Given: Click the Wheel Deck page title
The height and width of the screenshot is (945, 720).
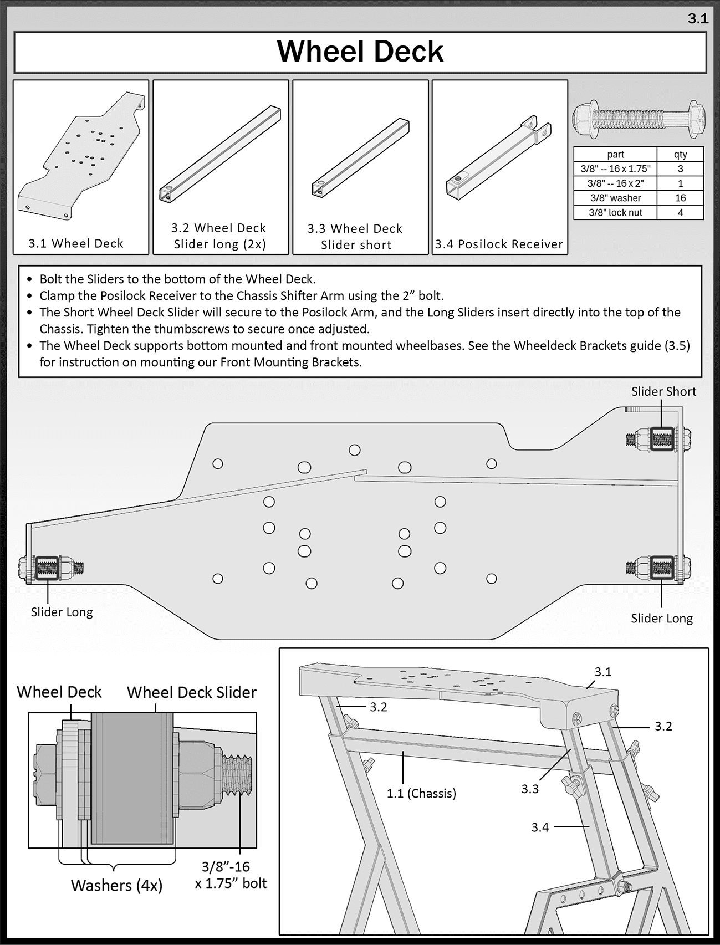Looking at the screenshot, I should pos(360,52).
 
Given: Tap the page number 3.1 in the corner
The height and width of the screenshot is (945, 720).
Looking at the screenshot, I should pos(697,19).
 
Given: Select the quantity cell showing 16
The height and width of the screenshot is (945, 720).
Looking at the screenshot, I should pos(680,198).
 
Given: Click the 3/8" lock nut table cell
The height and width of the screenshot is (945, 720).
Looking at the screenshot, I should pos(615,212).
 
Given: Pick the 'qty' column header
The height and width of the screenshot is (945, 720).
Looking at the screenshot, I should pos(680,155).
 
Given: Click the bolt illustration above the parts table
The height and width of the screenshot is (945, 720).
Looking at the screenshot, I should pos(639,117).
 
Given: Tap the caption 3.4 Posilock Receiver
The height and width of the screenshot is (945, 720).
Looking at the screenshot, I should pos(499,244).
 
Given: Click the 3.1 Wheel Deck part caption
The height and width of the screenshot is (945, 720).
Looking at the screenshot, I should pos(76,243).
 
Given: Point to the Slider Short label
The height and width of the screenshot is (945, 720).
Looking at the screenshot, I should pos(663,391).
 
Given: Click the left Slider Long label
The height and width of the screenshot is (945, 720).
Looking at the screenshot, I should pos(62,612).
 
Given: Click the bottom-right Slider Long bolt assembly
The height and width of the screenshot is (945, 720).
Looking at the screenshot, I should pos(658,568).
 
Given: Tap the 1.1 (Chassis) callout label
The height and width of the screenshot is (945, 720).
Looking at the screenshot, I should pos(421,793).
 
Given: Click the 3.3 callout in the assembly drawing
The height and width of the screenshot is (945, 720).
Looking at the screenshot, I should pos(529,789).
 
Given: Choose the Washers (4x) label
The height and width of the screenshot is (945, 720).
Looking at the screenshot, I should pos(116,885).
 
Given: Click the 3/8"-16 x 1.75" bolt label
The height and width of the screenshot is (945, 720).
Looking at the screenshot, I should pos(231,875).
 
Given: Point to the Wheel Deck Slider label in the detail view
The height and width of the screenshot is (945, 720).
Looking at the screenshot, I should pos(191,692).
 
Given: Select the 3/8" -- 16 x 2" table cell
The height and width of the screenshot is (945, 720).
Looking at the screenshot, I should pos(615,183).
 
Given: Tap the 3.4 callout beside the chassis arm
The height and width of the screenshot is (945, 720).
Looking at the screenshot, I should pos(539,827).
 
